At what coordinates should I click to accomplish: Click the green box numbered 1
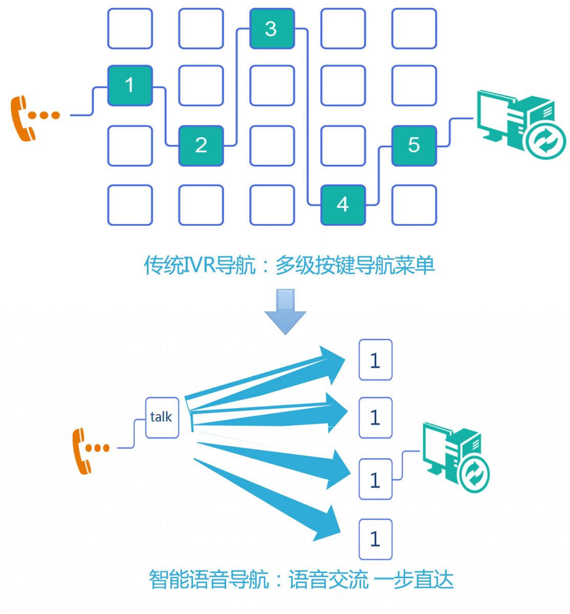[x=130, y=85]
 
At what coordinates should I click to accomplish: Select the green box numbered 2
[x=201, y=146]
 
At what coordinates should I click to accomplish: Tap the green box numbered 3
[x=272, y=29]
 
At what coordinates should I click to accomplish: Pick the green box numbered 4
[x=343, y=205]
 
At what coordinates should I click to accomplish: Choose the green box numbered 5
[x=414, y=146]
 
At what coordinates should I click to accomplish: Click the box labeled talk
[x=162, y=418]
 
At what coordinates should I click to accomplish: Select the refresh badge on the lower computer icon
[x=474, y=474]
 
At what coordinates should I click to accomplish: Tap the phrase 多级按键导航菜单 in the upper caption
[x=355, y=266]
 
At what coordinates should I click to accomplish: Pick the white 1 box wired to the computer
[x=375, y=479]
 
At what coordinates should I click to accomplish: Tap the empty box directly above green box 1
[x=130, y=29]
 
